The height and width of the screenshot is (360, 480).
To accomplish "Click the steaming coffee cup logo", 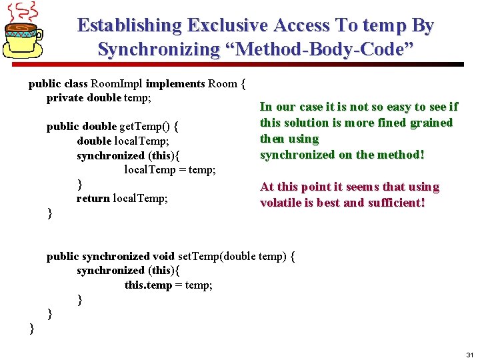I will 25,33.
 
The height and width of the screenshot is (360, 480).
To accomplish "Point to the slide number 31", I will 469,355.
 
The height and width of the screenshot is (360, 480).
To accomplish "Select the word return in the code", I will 93,198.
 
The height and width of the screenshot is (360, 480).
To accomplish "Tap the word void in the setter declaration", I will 163,256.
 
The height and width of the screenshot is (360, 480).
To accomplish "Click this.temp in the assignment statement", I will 148,285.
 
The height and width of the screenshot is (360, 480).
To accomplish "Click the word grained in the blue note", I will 432,123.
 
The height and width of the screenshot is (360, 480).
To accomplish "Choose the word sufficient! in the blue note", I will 396,203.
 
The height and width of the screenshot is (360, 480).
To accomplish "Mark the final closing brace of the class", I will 31,327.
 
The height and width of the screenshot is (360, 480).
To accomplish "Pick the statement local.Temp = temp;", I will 170,169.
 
